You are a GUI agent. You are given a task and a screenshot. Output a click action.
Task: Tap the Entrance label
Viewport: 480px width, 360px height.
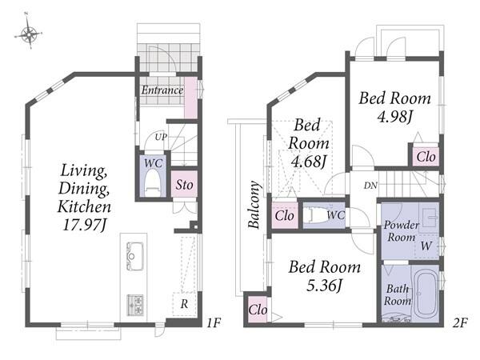click(x=162, y=90)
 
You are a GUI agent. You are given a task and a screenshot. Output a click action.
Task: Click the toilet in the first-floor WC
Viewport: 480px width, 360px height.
click(x=153, y=184)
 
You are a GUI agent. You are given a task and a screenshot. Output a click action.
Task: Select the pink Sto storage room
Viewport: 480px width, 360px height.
click(x=184, y=184)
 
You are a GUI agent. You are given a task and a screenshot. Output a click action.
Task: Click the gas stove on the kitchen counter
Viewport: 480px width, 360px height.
click(x=135, y=305)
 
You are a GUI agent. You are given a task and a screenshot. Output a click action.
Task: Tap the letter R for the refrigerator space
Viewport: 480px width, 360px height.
click(x=184, y=304)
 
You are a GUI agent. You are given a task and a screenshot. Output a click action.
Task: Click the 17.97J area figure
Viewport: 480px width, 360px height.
click(x=84, y=226)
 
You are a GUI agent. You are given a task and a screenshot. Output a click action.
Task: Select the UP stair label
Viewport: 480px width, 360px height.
click(x=161, y=137)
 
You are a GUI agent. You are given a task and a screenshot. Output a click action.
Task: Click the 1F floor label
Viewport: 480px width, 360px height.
click(x=214, y=322)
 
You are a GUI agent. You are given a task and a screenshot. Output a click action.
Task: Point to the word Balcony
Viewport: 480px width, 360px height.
click(x=254, y=205)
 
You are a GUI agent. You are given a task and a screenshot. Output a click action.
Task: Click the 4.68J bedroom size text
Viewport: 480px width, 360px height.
click(x=308, y=162)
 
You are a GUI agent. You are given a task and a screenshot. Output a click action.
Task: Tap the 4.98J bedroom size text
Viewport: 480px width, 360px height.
click(x=395, y=116)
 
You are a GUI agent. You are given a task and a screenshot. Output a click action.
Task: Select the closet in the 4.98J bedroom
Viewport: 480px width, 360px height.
click(x=426, y=157)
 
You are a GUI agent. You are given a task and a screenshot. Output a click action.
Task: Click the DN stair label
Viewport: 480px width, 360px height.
click(x=370, y=186)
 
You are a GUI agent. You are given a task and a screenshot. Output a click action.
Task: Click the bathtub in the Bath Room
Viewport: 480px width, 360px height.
click(x=426, y=294)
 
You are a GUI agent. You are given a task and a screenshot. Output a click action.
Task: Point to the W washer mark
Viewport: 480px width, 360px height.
click(x=426, y=246)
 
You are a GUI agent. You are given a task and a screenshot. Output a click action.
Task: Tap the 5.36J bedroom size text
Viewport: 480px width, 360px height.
click(x=324, y=286)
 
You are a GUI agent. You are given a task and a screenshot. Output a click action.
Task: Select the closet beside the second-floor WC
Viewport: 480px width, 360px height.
click(x=285, y=215)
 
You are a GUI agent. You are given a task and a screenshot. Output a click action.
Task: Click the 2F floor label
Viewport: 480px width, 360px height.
click(x=460, y=322)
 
